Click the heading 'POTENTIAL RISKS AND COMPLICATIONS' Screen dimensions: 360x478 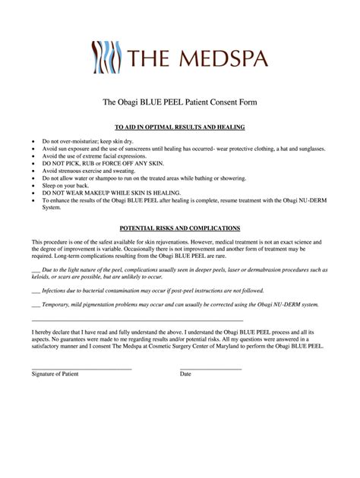click(x=180, y=227)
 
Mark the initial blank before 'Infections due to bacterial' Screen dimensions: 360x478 click(x=36, y=291)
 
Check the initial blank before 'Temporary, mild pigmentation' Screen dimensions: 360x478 click(x=36, y=304)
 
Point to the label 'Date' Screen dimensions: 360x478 click(x=186, y=374)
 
